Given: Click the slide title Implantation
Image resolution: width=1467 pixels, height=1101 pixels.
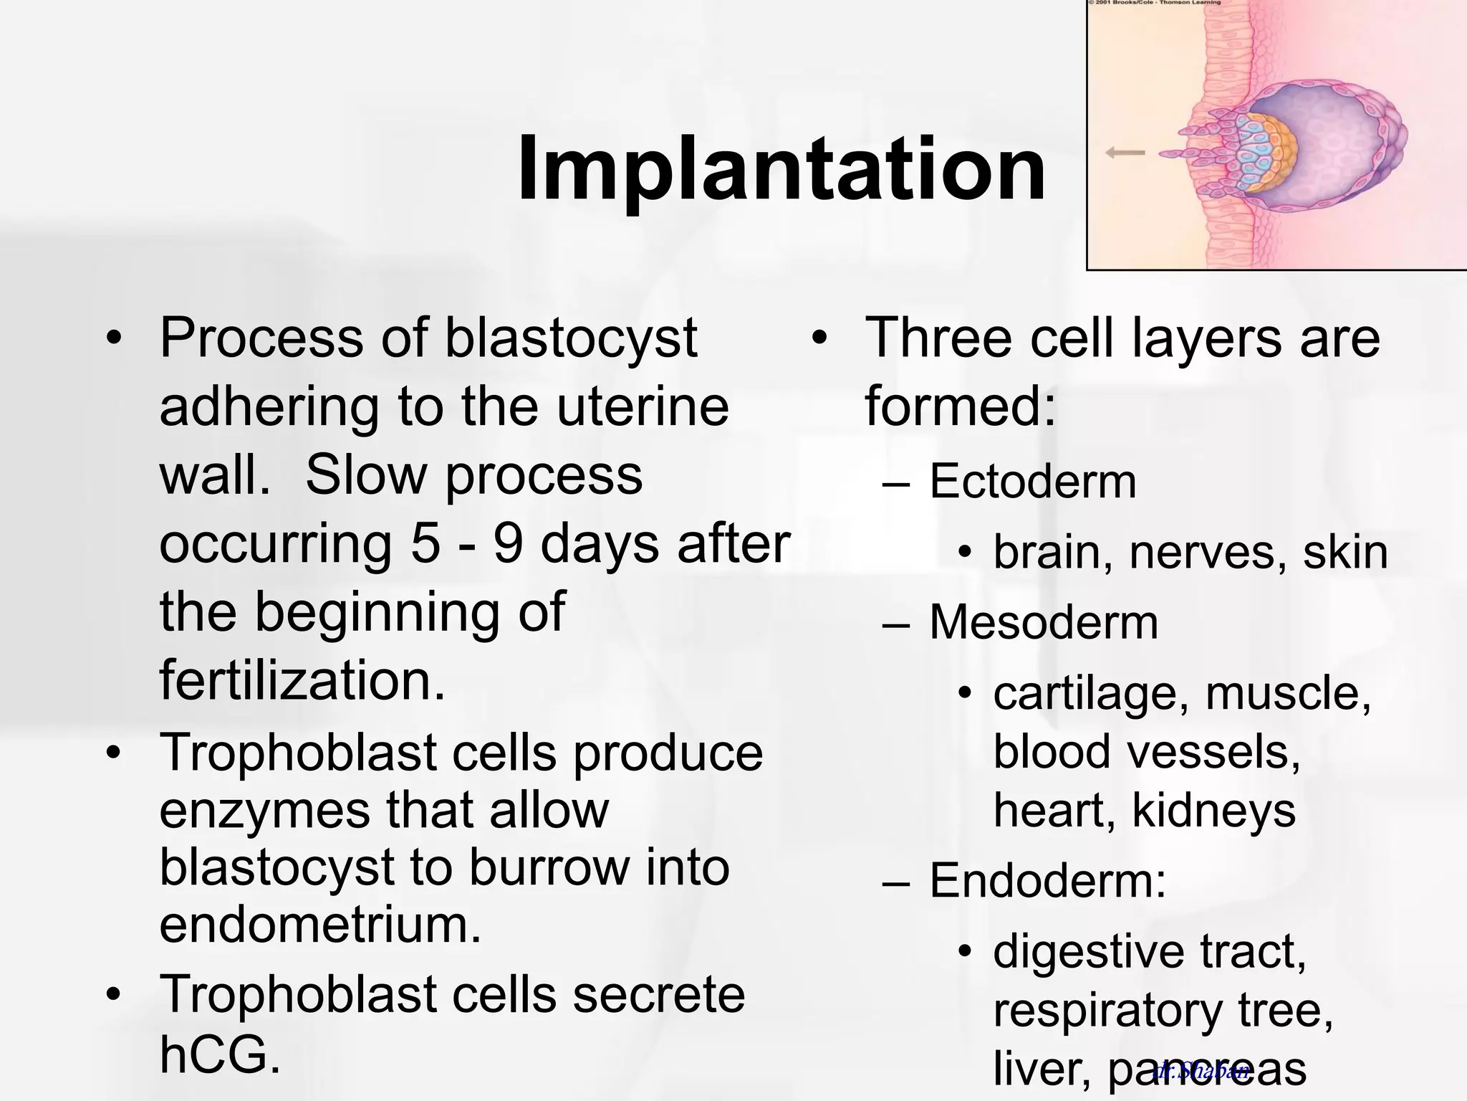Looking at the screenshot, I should [x=781, y=169].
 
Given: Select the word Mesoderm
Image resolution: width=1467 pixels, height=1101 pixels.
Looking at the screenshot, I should [x=1043, y=622].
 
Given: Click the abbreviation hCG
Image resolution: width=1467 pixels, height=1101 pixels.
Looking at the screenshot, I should [x=219, y=1054].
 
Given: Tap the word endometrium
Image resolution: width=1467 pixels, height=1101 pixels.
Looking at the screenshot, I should [x=320, y=925].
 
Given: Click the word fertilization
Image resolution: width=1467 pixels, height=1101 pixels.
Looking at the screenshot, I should [x=302, y=680].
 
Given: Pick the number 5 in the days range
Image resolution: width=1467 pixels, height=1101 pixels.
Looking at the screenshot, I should [x=425, y=543].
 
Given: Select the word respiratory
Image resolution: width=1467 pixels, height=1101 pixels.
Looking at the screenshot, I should [x=1107, y=1011].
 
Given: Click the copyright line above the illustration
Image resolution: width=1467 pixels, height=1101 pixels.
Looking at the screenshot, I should [x=1154, y=4].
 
